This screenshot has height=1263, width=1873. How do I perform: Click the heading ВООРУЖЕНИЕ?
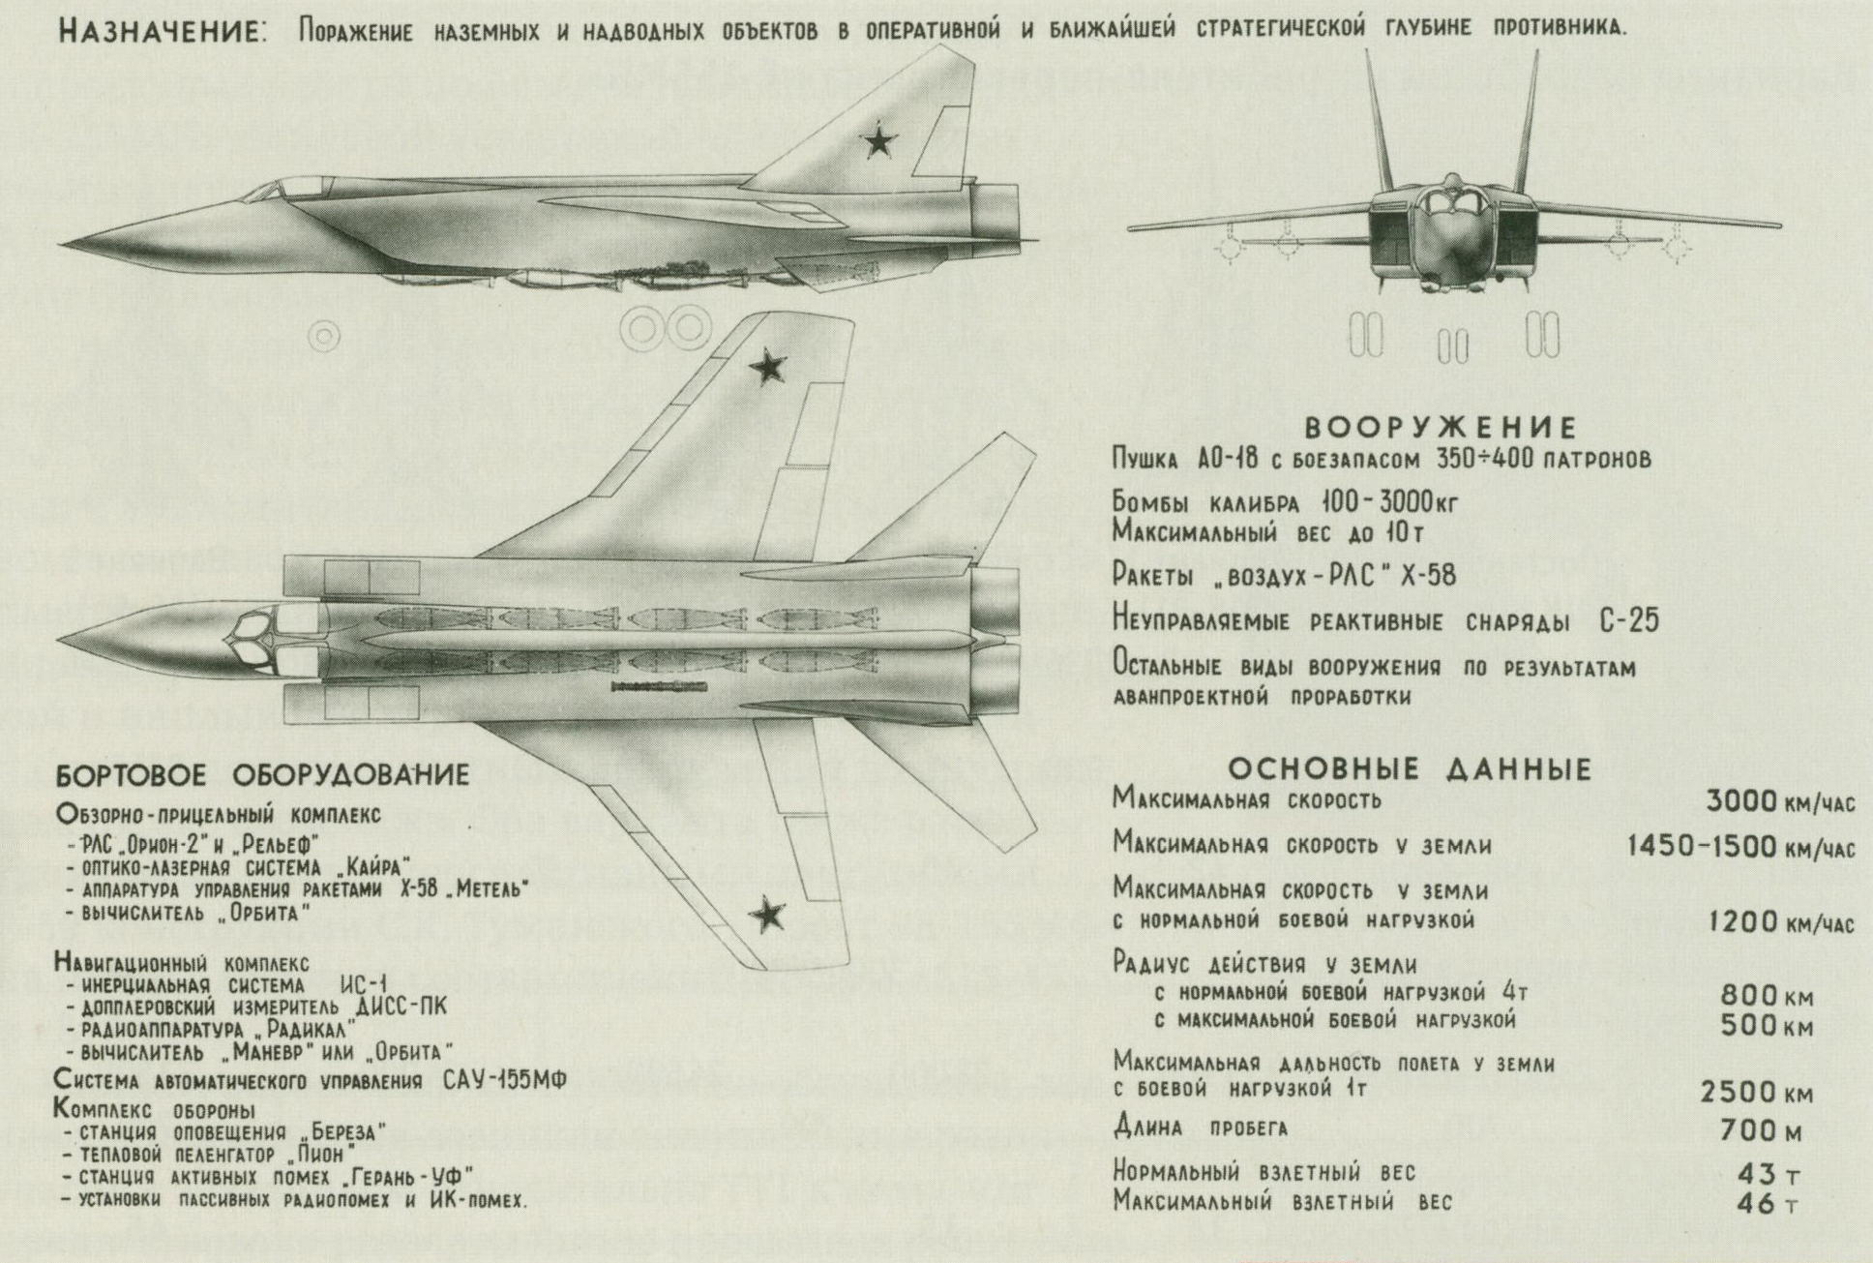coord(1441,427)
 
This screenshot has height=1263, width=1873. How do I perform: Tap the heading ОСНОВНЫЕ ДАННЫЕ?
coord(1410,769)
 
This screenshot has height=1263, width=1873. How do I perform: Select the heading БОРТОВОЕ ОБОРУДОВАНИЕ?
coord(262,775)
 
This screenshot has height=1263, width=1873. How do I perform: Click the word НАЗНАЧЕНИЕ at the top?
coord(161,30)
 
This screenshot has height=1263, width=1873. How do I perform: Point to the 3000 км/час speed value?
coord(1779,801)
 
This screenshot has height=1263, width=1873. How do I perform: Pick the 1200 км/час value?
coord(1779,921)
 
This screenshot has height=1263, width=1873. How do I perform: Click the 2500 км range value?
coord(1755,1093)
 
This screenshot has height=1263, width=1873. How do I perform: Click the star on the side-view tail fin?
coord(877,141)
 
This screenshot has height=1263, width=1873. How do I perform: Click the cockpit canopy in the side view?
coord(290,189)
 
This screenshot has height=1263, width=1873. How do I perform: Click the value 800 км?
coord(1766,996)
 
